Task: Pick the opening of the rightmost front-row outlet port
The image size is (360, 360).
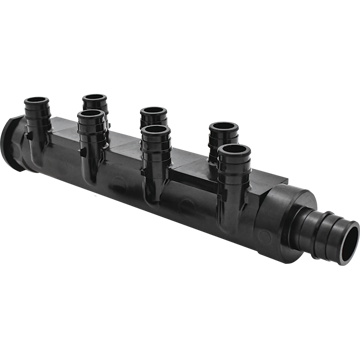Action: tap(233, 152)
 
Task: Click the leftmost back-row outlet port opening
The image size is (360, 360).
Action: tap(95, 99)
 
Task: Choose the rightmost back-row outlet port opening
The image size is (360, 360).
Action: tap(220, 128)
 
